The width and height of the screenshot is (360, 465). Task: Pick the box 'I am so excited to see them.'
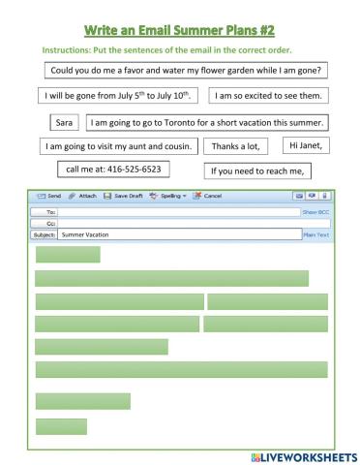pos(268,96)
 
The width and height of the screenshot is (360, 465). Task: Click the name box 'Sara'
pos(65,123)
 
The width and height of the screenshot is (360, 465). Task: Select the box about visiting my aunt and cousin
pos(119,146)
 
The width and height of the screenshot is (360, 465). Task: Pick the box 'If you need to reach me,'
pos(256,171)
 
